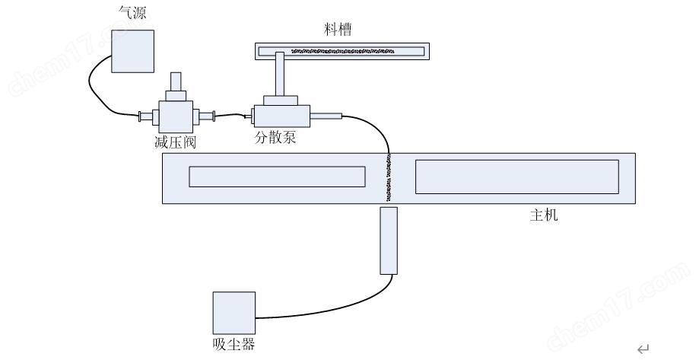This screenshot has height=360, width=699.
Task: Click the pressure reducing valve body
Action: tap(176, 116)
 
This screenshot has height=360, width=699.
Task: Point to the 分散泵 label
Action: tap(275, 139)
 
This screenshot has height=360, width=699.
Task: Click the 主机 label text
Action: tap(544, 216)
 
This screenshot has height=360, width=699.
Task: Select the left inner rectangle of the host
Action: tap(277, 177)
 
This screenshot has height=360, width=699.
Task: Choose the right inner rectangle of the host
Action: tap(516, 177)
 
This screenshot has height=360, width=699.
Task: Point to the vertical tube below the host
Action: tap(389, 239)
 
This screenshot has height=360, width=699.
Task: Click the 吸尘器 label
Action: tap(234, 345)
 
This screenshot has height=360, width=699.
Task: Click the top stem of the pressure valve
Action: tap(176, 81)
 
